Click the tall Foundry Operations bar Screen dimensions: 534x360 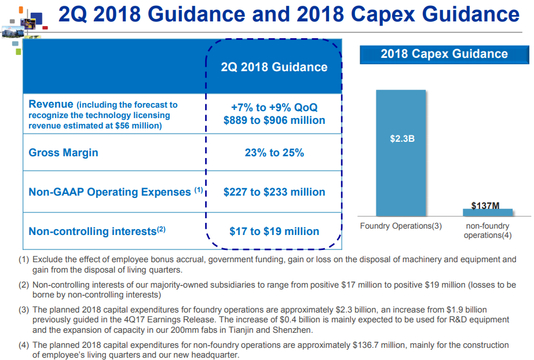coord(401,153)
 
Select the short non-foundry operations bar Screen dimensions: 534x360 coord(487,212)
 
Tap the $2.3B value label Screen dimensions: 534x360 coord(402,139)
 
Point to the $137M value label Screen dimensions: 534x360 coord(485,205)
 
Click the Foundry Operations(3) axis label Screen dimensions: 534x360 coord(401,226)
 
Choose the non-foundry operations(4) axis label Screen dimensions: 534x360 coord(488,231)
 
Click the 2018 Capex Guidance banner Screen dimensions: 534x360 coord(444,54)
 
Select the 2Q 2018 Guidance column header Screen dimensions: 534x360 coord(274,67)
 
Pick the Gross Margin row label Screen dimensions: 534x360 coord(63,152)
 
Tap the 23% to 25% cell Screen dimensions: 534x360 coord(274,152)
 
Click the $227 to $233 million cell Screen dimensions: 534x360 coord(274,192)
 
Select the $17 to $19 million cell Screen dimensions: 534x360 coord(274,232)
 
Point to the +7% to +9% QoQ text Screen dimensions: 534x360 coord(274,108)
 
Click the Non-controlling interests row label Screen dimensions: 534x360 coord(97,231)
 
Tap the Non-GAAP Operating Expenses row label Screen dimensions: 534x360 coord(116,192)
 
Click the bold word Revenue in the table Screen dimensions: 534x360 coord(51,104)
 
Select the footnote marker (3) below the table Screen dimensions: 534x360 coord(24,310)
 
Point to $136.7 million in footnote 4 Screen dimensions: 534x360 coord(379,345)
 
